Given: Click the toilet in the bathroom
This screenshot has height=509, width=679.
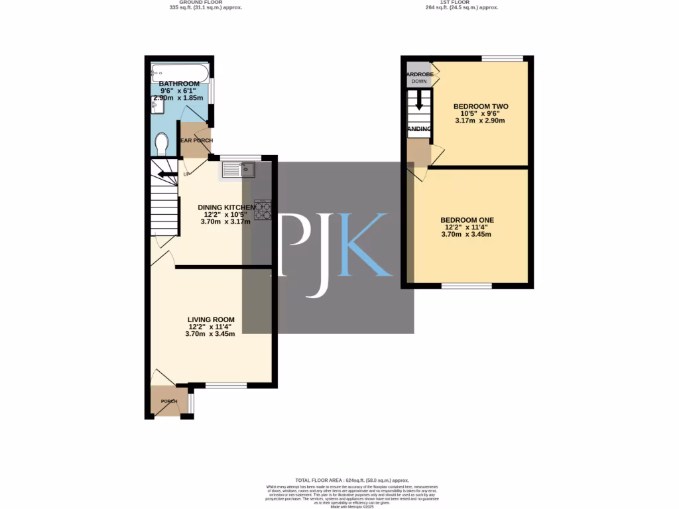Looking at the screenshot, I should click(162, 143).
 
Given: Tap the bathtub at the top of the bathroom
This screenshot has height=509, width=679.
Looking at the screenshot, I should click(180, 70).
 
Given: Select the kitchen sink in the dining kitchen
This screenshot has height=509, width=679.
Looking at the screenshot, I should click(239, 170).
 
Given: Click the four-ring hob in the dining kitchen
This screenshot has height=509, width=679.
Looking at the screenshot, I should click(263, 209).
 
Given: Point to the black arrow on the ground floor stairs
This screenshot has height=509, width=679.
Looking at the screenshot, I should click(161, 175).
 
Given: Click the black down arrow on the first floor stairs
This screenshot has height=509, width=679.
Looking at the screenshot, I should click(418, 101).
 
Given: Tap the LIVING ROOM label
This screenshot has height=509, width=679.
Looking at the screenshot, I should click(210, 319).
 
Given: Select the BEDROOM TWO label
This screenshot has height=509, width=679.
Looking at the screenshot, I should click(481, 106).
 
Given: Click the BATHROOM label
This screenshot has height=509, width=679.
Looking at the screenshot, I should click(179, 84).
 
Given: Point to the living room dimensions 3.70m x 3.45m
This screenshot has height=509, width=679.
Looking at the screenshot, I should click(210, 334).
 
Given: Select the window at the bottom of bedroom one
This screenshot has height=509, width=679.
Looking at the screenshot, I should click(467, 286).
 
